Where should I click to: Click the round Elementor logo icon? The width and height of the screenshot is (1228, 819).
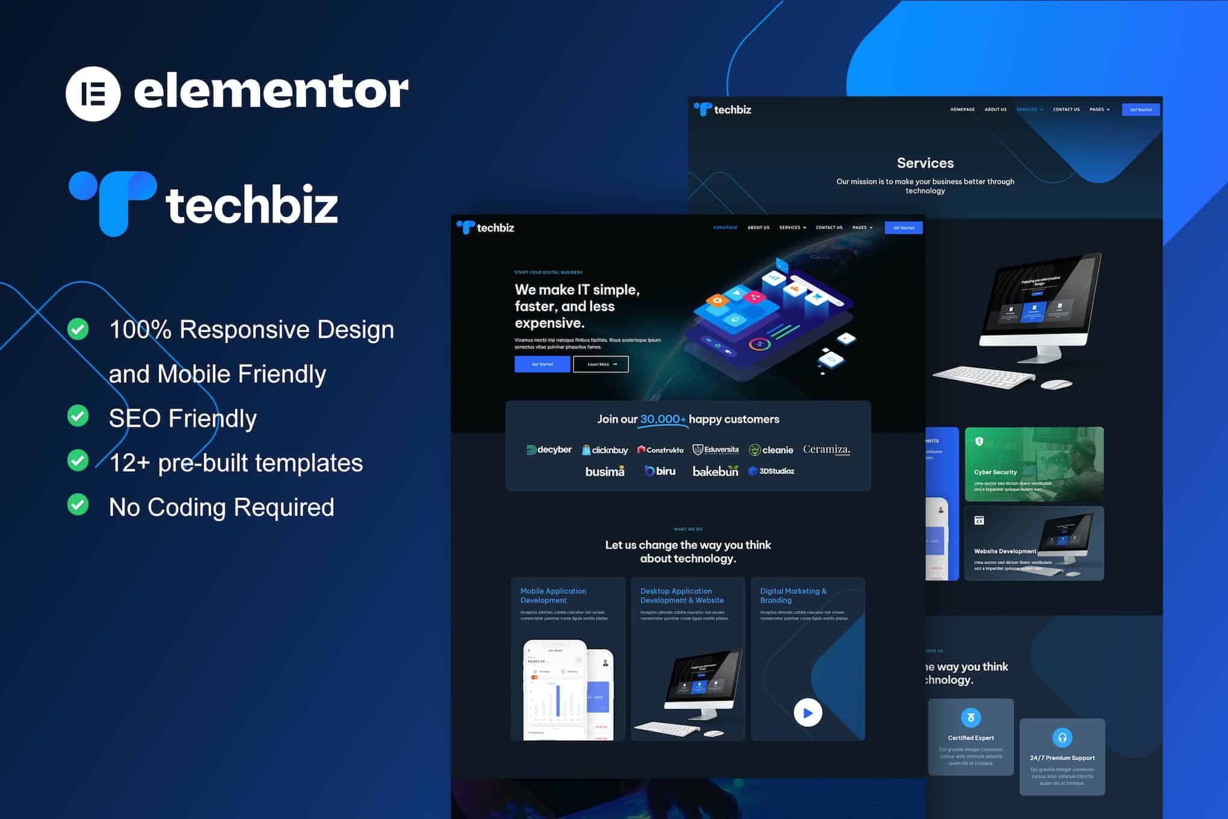(93, 93)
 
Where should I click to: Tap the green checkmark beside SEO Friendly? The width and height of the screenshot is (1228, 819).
(78, 416)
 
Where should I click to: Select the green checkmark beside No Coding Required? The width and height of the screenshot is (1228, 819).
(78, 505)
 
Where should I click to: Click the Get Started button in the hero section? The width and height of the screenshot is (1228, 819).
(542, 364)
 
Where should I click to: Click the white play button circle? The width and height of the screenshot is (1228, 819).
(807, 713)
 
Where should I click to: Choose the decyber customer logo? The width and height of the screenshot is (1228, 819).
(549, 450)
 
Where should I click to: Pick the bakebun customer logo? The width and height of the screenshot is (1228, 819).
(715, 471)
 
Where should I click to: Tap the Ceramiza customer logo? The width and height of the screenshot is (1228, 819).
(826, 450)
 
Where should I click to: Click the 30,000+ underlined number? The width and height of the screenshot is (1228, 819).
(663, 419)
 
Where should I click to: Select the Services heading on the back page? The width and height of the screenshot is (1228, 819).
(925, 163)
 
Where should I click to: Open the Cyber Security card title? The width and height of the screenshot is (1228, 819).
(995, 472)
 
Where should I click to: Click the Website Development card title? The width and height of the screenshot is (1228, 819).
(1005, 551)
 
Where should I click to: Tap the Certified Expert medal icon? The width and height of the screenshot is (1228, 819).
(971, 717)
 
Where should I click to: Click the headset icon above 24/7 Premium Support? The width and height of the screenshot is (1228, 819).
(1062, 737)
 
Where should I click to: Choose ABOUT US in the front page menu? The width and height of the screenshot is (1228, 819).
(758, 228)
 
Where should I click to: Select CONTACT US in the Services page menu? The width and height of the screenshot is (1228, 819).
(1066, 110)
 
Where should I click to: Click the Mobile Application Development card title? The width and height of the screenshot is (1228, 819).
(553, 595)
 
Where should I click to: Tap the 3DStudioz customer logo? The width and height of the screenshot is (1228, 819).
(771, 471)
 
